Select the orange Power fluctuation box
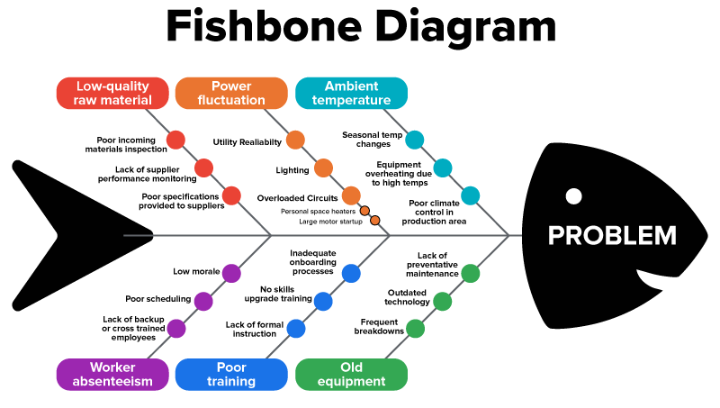tap(231, 93)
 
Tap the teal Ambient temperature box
tap(351, 93)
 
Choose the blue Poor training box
tap(231, 374)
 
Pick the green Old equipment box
tap(351, 374)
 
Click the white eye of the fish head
tap(572, 195)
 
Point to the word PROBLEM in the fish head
tap(612, 236)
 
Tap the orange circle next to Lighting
tap(323, 168)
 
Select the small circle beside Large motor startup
tap(375, 221)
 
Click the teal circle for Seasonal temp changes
tap(414, 140)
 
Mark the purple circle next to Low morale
tap(231, 273)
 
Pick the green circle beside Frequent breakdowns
tap(415, 329)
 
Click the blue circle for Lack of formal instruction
tap(296, 329)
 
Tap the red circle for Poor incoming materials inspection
tap(176, 140)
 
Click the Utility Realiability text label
tap(247, 141)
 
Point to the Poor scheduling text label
tap(157, 299)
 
